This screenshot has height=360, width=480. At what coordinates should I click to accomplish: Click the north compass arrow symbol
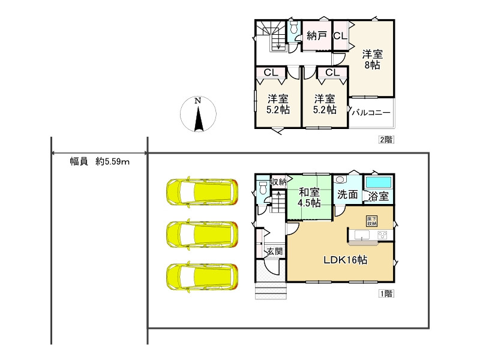tap(199, 115)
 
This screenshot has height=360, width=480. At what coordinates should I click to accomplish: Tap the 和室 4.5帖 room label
tap(309, 198)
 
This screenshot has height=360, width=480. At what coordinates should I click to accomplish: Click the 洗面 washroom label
tap(347, 195)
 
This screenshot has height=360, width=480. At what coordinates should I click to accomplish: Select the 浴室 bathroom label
tap(379, 196)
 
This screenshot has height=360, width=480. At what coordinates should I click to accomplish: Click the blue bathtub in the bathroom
tap(379, 182)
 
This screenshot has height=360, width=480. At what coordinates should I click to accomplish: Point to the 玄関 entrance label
tap(275, 251)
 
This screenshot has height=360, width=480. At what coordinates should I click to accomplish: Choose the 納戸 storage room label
tap(317, 36)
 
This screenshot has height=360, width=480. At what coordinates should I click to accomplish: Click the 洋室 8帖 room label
tap(372, 59)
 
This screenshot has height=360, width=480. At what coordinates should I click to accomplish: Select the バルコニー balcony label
tap(371, 112)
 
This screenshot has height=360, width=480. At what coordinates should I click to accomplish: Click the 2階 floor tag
tap(385, 140)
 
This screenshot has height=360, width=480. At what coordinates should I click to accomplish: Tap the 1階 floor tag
tap(386, 294)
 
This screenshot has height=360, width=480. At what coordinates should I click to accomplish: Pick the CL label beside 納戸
tap(340, 36)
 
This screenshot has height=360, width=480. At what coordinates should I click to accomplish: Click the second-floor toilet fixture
tap(293, 29)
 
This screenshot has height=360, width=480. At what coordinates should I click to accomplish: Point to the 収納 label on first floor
tap(279, 181)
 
